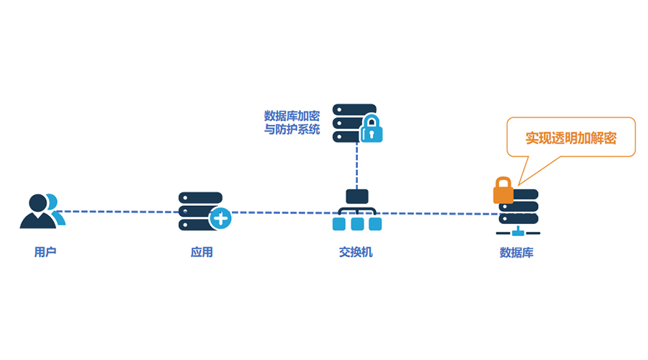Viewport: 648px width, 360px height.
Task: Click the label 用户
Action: coord(44,253)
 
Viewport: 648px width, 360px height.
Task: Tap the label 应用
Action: coord(202,253)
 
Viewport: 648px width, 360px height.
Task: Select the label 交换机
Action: coord(356,253)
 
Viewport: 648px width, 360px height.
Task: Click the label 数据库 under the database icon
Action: coord(516,253)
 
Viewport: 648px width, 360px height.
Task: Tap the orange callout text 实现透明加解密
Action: coord(570,138)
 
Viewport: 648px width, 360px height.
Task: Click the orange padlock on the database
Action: coord(503,192)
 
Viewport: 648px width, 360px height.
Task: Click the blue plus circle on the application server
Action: coord(220,217)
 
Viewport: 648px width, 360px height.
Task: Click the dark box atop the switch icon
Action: coord(357,196)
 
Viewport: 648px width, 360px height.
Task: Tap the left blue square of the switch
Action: coord(339,225)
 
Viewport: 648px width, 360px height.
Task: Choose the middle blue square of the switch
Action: coord(357,225)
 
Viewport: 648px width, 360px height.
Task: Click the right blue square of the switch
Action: coord(375,225)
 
